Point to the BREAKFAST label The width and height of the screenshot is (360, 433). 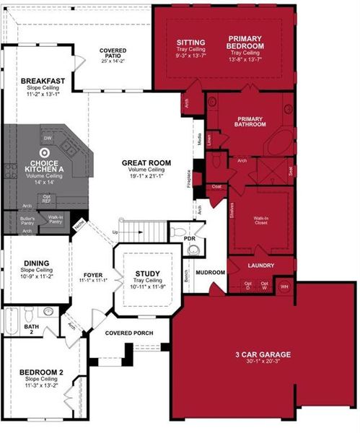(x=43, y=80)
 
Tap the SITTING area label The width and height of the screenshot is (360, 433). (x=190, y=43)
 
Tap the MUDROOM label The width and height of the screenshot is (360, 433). (x=210, y=273)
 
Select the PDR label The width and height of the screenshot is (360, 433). (x=190, y=239)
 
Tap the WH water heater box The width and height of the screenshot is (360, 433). (x=284, y=287)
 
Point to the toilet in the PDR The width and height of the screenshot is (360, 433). (x=192, y=250)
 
